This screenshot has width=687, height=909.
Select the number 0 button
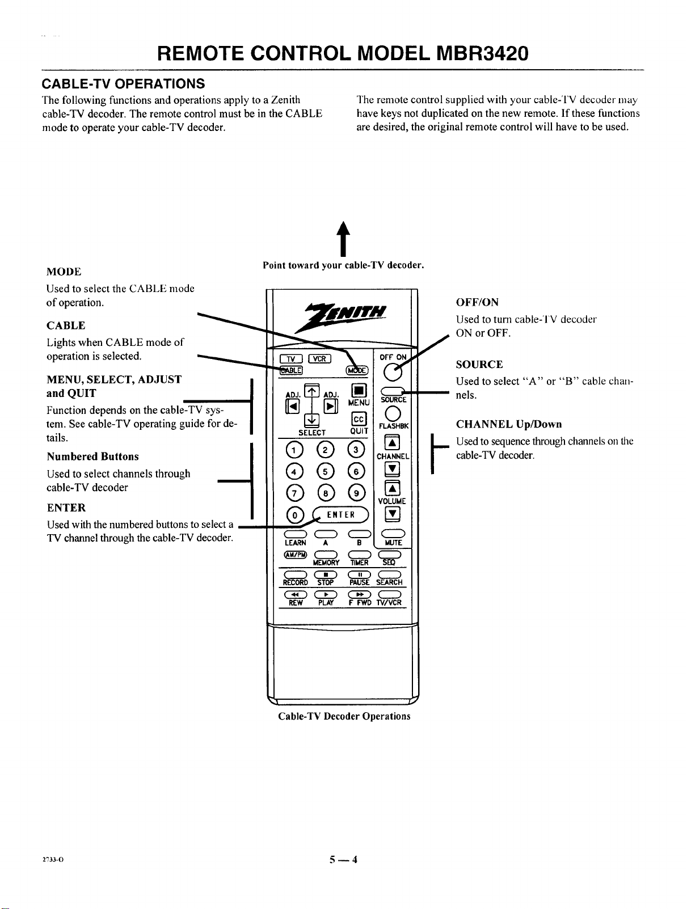[295, 515]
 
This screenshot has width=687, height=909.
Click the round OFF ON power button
[393, 372]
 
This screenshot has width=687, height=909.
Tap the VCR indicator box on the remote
[320, 358]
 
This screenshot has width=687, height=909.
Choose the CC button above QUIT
[359, 418]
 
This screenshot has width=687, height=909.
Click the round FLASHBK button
[393, 413]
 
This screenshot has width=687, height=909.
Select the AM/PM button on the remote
[295, 555]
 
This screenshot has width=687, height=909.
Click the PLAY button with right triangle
[326, 595]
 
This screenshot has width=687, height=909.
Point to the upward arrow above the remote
[343, 239]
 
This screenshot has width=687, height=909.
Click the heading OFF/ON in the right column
[477, 302]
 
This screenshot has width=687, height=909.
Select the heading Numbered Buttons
[93, 456]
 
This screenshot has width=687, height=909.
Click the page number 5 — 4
[343, 859]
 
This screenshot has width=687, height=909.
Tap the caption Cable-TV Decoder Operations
[344, 716]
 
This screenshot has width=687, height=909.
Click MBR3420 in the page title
[482, 53]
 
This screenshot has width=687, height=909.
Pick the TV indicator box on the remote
[291, 358]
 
